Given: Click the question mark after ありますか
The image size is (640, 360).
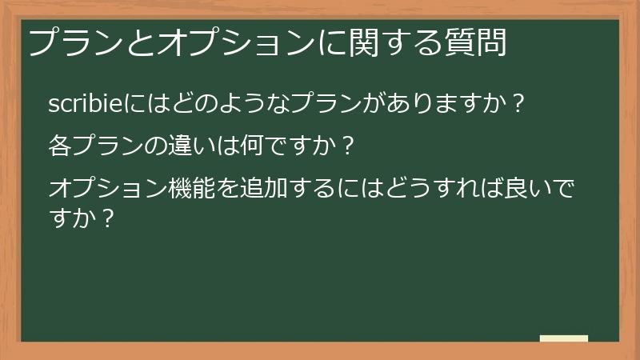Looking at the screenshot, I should coord(518,103).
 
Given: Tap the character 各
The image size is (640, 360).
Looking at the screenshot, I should coord(59,146).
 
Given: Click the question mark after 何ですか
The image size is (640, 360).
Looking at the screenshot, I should coord(346,146).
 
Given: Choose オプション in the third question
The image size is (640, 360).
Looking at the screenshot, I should coord(105,190).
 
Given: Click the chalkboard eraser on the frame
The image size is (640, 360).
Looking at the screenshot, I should coord(564,338).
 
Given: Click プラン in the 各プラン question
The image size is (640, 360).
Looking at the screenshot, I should coord(105,146).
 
